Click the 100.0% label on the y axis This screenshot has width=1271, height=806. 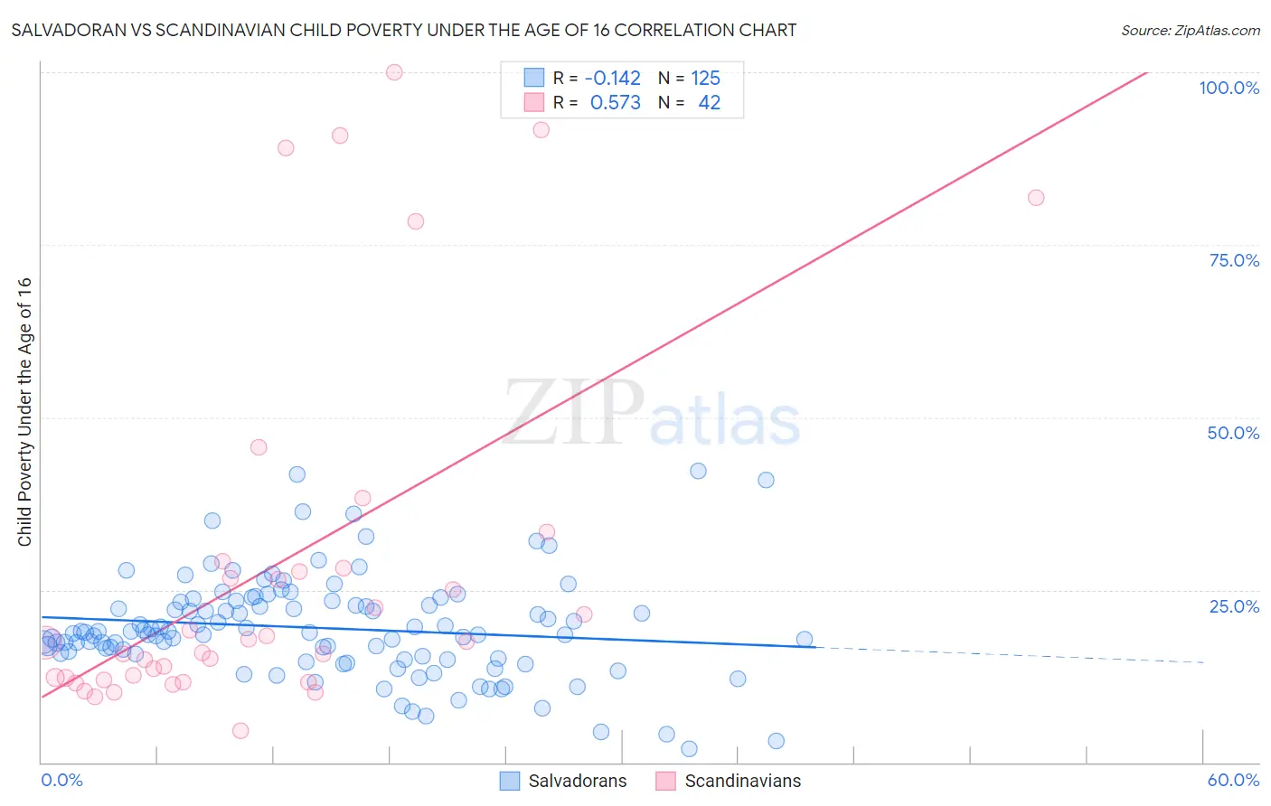click(x=1229, y=88)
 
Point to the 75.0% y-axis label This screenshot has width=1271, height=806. click(x=1234, y=260)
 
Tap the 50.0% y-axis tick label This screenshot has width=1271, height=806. click(x=1233, y=433)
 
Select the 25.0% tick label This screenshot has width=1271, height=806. click(x=1234, y=605)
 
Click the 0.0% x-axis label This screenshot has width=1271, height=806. click(x=61, y=780)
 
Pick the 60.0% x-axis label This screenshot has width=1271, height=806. click(x=1233, y=780)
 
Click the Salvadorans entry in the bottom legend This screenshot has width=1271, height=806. click(x=577, y=781)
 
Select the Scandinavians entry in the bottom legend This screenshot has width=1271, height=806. click(x=742, y=781)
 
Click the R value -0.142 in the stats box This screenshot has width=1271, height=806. click(x=612, y=78)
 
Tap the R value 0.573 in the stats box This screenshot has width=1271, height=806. click(x=615, y=102)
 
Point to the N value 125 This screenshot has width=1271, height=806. click(x=705, y=78)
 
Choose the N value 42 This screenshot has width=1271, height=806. click(x=709, y=102)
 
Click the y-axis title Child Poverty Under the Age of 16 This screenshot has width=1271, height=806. click(x=24, y=411)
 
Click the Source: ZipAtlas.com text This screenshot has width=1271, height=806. click(x=1190, y=30)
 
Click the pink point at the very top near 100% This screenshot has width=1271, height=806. click(x=394, y=72)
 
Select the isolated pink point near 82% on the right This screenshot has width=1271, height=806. click(x=1036, y=198)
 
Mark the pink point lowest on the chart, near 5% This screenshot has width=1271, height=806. click(x=240, y=731)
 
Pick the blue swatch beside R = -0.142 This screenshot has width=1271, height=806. click(x=534, y=78)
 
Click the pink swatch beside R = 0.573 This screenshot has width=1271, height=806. click(x=534, y=102)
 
